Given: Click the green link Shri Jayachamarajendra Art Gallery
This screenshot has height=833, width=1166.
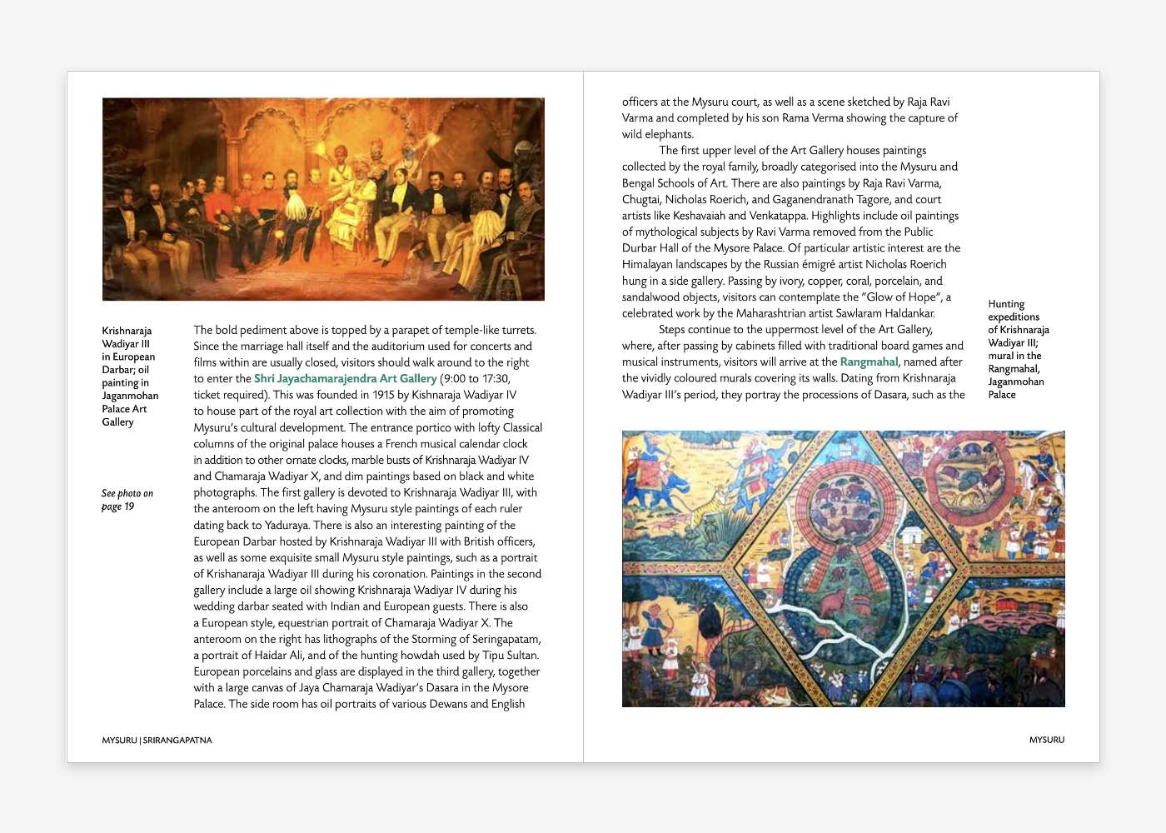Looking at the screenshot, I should (345, 378).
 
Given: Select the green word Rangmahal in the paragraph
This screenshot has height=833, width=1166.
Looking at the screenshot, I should (869, 362).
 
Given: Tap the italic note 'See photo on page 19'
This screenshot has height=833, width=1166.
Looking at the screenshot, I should (127, 500).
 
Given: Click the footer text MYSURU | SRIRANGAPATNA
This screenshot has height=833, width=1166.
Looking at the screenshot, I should (157, 740).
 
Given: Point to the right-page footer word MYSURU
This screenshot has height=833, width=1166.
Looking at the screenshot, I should (1046, 740).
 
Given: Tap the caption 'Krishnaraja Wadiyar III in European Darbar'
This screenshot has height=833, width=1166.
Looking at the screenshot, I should (129, 376).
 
